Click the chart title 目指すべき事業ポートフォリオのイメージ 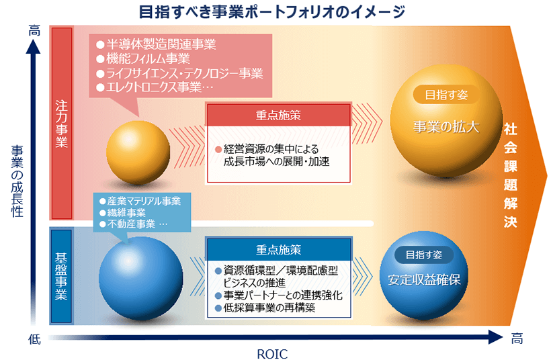272,11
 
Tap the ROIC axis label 272,354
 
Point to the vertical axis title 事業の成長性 17,181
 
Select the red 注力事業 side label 62,124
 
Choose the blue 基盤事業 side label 61,276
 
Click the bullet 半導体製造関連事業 157,44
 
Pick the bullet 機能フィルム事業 143,58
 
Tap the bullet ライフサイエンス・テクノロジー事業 179,73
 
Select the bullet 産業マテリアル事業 140,201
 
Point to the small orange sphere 138,152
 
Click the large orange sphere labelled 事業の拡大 446,120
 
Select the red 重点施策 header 279,116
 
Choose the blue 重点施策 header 279,250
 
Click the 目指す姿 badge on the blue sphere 424,255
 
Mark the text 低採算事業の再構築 265,308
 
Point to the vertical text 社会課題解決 510,175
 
